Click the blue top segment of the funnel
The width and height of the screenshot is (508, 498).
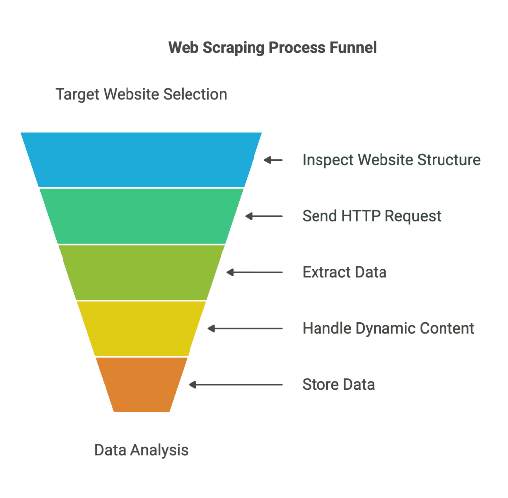tap(141, 160)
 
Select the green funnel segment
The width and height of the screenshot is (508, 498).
tap(141, 216)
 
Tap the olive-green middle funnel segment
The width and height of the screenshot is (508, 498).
tap(141, 272)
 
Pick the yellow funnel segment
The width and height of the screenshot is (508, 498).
tap(141, 328)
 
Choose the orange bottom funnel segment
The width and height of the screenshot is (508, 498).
tap(141, 384)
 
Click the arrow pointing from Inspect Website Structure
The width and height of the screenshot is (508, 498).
tap(273, 160)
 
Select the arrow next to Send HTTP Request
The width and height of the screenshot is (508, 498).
tap(264, 216)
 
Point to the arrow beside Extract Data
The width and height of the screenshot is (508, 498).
tap(254, 272)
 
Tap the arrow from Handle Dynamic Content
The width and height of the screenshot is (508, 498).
tap(245, 328)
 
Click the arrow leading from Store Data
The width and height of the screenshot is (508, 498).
tap(236, 385)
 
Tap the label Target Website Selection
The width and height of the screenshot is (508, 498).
tap(141, 95)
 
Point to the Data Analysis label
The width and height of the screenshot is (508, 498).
tap(141, 450)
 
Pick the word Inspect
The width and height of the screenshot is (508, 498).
tap(328, 160)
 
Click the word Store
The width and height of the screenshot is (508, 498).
tap(321, 384)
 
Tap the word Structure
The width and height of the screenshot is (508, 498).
tap(449, 160)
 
